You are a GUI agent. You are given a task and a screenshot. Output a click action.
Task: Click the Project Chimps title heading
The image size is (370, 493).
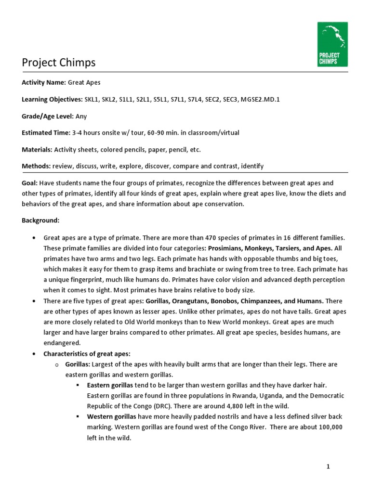[x=59, y=63]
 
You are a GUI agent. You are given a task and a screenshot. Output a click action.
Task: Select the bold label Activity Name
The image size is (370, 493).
[x=43, y=83]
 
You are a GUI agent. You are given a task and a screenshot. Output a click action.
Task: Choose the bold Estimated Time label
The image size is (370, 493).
[x=46, y=132]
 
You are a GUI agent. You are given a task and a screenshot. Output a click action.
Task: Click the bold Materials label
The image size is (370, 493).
[x=37, y=149]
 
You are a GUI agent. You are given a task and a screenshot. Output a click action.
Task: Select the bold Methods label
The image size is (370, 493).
[x=36, y=166]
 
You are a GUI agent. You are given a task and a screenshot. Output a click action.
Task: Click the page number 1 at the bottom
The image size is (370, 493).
[x=342, y=467]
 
